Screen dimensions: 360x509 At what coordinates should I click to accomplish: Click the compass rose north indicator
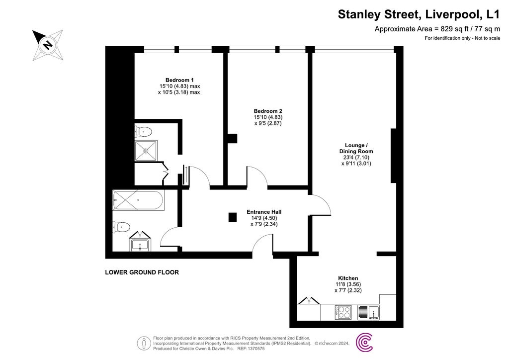pos(48,44)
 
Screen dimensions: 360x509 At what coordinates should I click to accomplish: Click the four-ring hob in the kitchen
pos(343,312)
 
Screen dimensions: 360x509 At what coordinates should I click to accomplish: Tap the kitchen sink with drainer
pos(369,312)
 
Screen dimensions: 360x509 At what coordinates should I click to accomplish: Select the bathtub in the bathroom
pos(138,201)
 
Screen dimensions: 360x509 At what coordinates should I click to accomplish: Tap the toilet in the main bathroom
pos(121,227)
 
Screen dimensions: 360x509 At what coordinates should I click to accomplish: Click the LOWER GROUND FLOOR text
pos(142,272)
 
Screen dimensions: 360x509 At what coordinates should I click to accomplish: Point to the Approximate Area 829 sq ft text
pos(437,29)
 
